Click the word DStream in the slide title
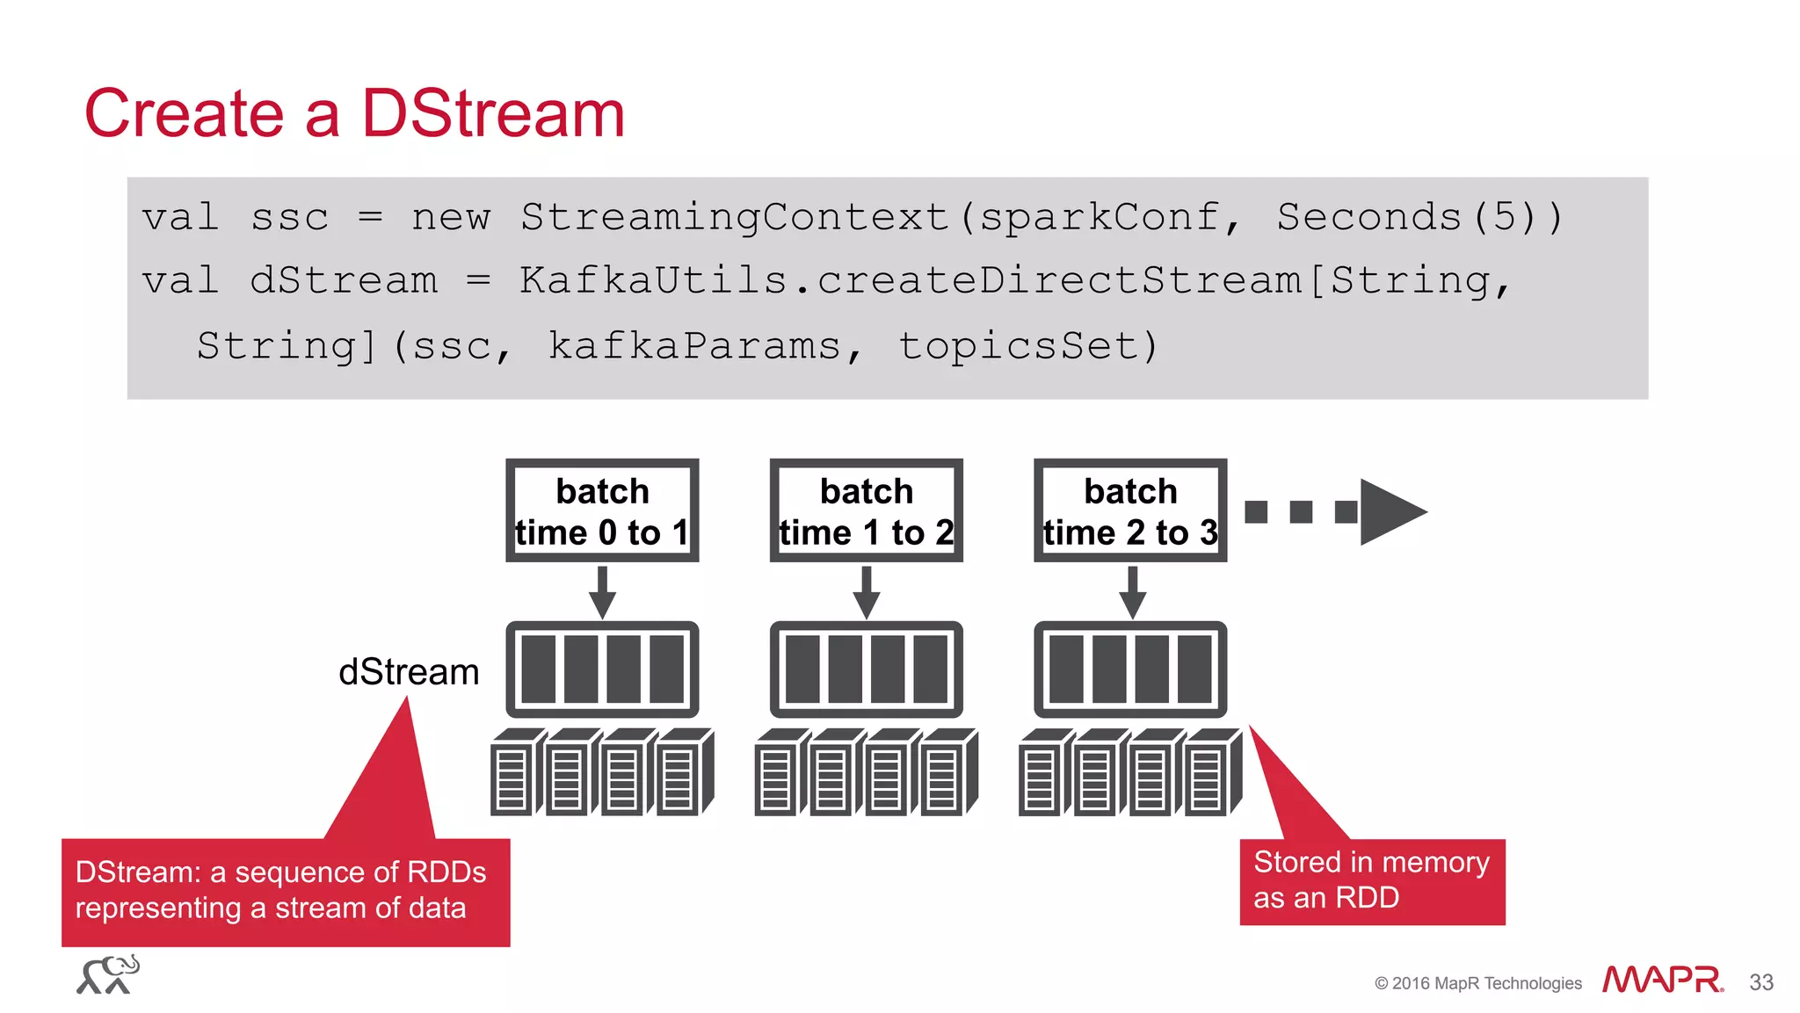[x=492, y=114]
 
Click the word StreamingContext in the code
[x=734, y=217]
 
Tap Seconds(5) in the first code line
[x=1419, y=217]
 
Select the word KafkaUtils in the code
[x=652, y=281]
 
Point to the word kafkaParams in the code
[x=694, y=346]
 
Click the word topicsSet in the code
[x=1018, y=346]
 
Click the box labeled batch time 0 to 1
[x=602, y=510]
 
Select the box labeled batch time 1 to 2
[x=866, y=510]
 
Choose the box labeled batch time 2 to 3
[x=1130, y=510]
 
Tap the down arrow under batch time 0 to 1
[x=602, y=594]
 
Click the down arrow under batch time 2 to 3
[x=1132, y=594]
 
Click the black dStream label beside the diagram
[x=409, y=672]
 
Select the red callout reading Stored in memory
[x=1371, y=880]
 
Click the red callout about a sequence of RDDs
[x=286, y=891]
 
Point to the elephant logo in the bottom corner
[x=108, y=975]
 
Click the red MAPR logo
[x=1661, y=980]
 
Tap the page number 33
[x=1760, y=982]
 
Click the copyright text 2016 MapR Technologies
[x=1478, y=983]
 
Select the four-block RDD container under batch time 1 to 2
[x=866, y=669]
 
